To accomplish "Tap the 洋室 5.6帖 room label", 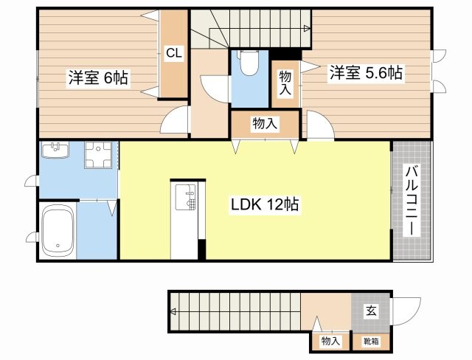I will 365,73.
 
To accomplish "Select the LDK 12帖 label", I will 263,205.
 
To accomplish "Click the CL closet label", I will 174,53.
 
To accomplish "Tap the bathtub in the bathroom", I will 58,229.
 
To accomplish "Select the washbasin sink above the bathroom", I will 55,151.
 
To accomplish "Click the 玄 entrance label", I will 372,311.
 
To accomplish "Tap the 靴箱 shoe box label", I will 372,341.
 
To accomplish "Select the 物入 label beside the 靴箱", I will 330,341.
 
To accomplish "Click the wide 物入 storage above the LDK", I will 265,124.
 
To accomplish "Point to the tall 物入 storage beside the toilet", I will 285,83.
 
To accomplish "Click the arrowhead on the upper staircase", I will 305,29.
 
